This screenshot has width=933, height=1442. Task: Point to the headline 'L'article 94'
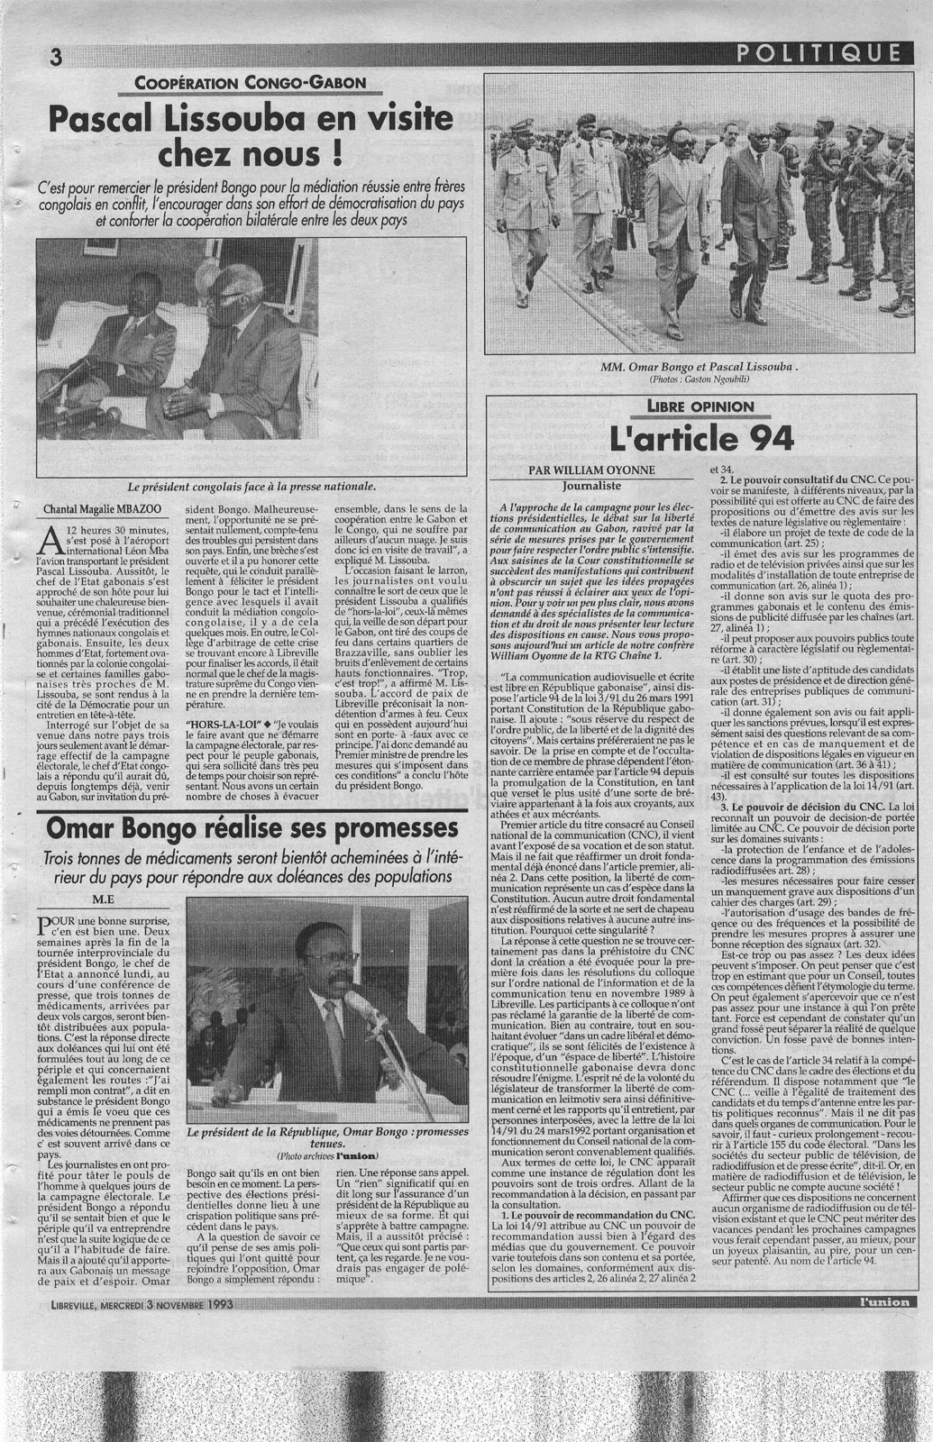701,438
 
